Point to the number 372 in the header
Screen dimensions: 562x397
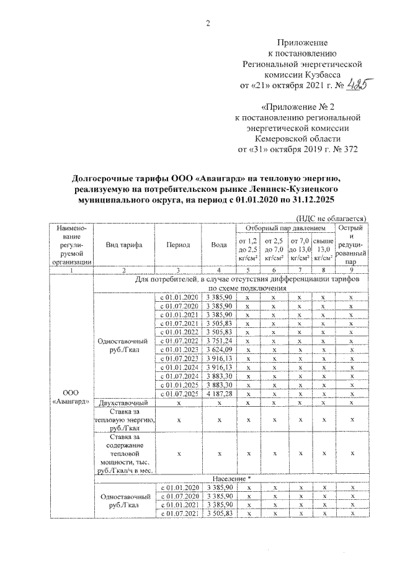[x=348, y=150]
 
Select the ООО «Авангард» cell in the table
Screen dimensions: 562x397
[x=70, y=397]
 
